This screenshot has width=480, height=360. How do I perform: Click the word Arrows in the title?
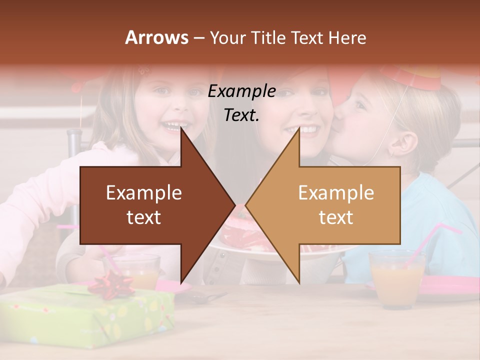157,37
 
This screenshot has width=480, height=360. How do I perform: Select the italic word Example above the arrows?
242,91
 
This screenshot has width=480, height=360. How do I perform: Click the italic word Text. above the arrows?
242,115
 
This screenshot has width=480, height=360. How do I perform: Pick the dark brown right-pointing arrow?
150,205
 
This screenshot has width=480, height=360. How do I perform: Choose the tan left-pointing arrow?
330,205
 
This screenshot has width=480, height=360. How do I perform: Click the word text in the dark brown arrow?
143,217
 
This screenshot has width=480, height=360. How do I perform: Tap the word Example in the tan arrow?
336,192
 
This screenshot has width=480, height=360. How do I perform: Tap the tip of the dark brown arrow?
234,205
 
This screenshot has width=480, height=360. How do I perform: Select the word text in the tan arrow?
336,217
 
